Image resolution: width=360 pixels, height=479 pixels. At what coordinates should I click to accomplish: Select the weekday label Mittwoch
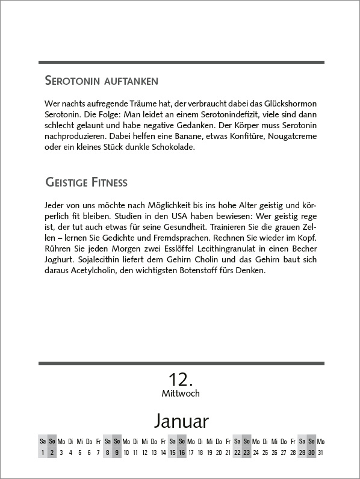coord(181,394)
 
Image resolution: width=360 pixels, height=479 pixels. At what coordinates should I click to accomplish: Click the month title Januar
coord(181,419)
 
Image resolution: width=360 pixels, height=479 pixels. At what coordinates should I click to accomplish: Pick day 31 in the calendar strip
coord(320,453)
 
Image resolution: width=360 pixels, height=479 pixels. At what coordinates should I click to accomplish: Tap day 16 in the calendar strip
coord(181,453)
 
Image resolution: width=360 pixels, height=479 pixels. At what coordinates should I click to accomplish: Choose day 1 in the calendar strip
coord(43,453)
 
